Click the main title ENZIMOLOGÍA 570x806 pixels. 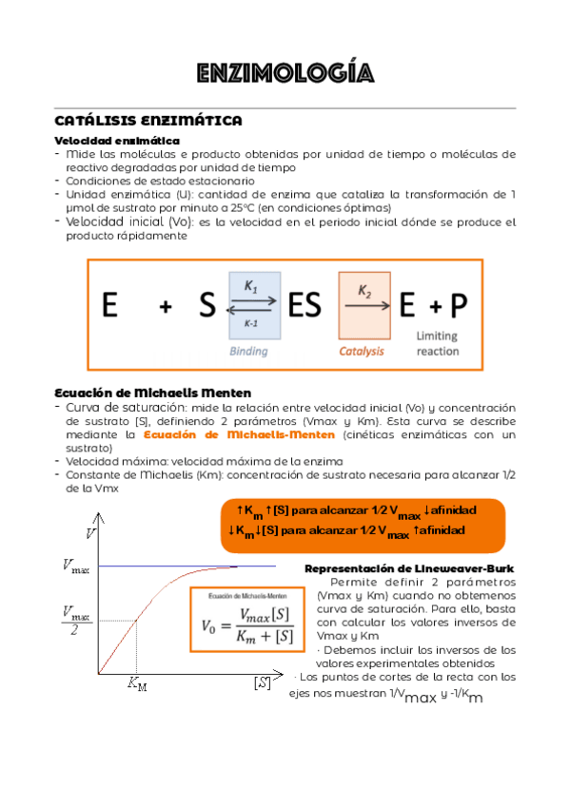click(285, 73)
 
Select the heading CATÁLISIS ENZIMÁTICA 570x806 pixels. click(148, 121)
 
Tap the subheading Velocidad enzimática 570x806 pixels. click(105, 140)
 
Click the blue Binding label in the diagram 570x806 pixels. click(248, 351)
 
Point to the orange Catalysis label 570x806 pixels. click(362, 351)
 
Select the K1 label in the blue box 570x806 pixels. click(250, 284)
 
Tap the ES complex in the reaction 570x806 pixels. click(305, 306)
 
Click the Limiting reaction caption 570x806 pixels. click(437, 343)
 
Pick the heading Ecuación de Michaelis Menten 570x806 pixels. click(153, 393)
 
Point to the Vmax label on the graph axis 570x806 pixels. click(75, 567)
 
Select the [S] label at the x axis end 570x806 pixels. click(262, 682)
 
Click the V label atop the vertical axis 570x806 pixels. click(90, 533)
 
